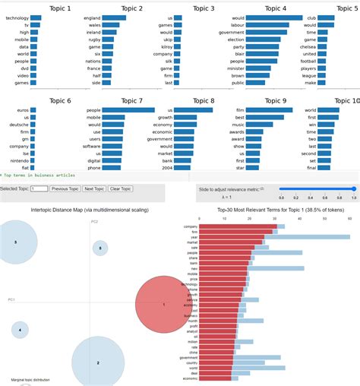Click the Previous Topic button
(65, 188)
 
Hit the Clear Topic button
(121, 188)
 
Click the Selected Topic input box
(38, 188)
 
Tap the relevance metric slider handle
(353, 188)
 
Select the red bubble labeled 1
(163, 304)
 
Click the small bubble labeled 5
(100, 248)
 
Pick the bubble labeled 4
(20, 330)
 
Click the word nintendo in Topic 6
(18, 160)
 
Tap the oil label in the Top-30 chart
(194, 336)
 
